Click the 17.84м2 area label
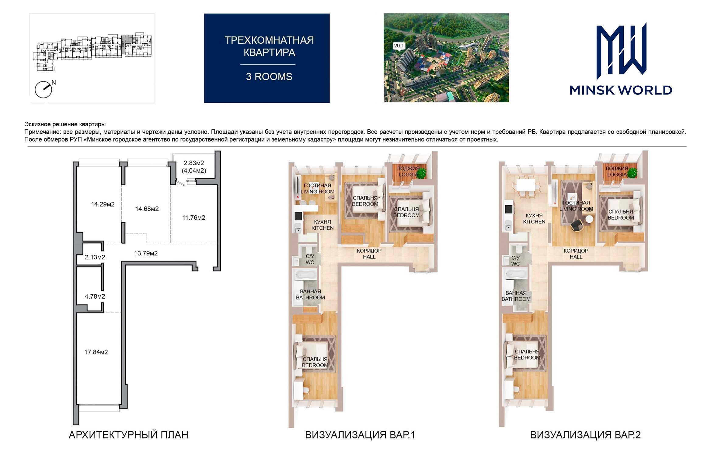[96, 352]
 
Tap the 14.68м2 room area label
[147, 209]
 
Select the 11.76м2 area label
[194, 217]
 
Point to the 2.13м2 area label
[95, 257]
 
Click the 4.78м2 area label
[95, 296]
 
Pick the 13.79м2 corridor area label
[146, 253]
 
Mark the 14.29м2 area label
[103, 204]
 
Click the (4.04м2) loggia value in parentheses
[194, 170]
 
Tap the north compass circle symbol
[43, 90]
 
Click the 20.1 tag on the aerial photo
[399, 46]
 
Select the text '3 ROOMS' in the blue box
[269, 77]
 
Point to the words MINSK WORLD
[621, 90]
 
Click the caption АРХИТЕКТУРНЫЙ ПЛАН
[128, 435]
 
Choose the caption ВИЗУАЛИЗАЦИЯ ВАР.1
[360, 435]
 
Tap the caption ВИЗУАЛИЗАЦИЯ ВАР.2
[585, 435]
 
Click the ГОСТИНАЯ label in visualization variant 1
[317, 186]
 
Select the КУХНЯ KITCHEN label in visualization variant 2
[534, 218]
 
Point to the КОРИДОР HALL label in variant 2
[576, 254]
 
